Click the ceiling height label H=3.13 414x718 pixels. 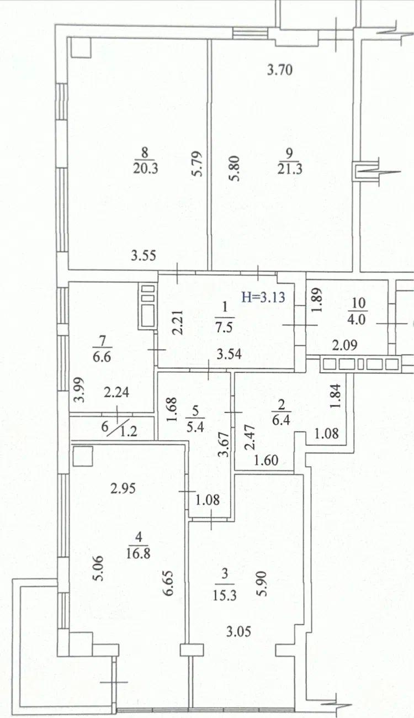263,297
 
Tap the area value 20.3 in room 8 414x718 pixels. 146,168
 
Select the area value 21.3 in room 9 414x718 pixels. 289,169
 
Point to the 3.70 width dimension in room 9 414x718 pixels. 280,70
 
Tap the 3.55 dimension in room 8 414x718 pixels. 144,256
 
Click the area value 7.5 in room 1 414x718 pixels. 224,328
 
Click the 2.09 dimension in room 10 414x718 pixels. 344,345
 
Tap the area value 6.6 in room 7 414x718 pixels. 102,356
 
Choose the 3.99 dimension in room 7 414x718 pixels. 79,389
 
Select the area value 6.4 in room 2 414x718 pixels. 281,420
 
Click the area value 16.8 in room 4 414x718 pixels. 138,553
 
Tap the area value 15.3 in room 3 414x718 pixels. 224,595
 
